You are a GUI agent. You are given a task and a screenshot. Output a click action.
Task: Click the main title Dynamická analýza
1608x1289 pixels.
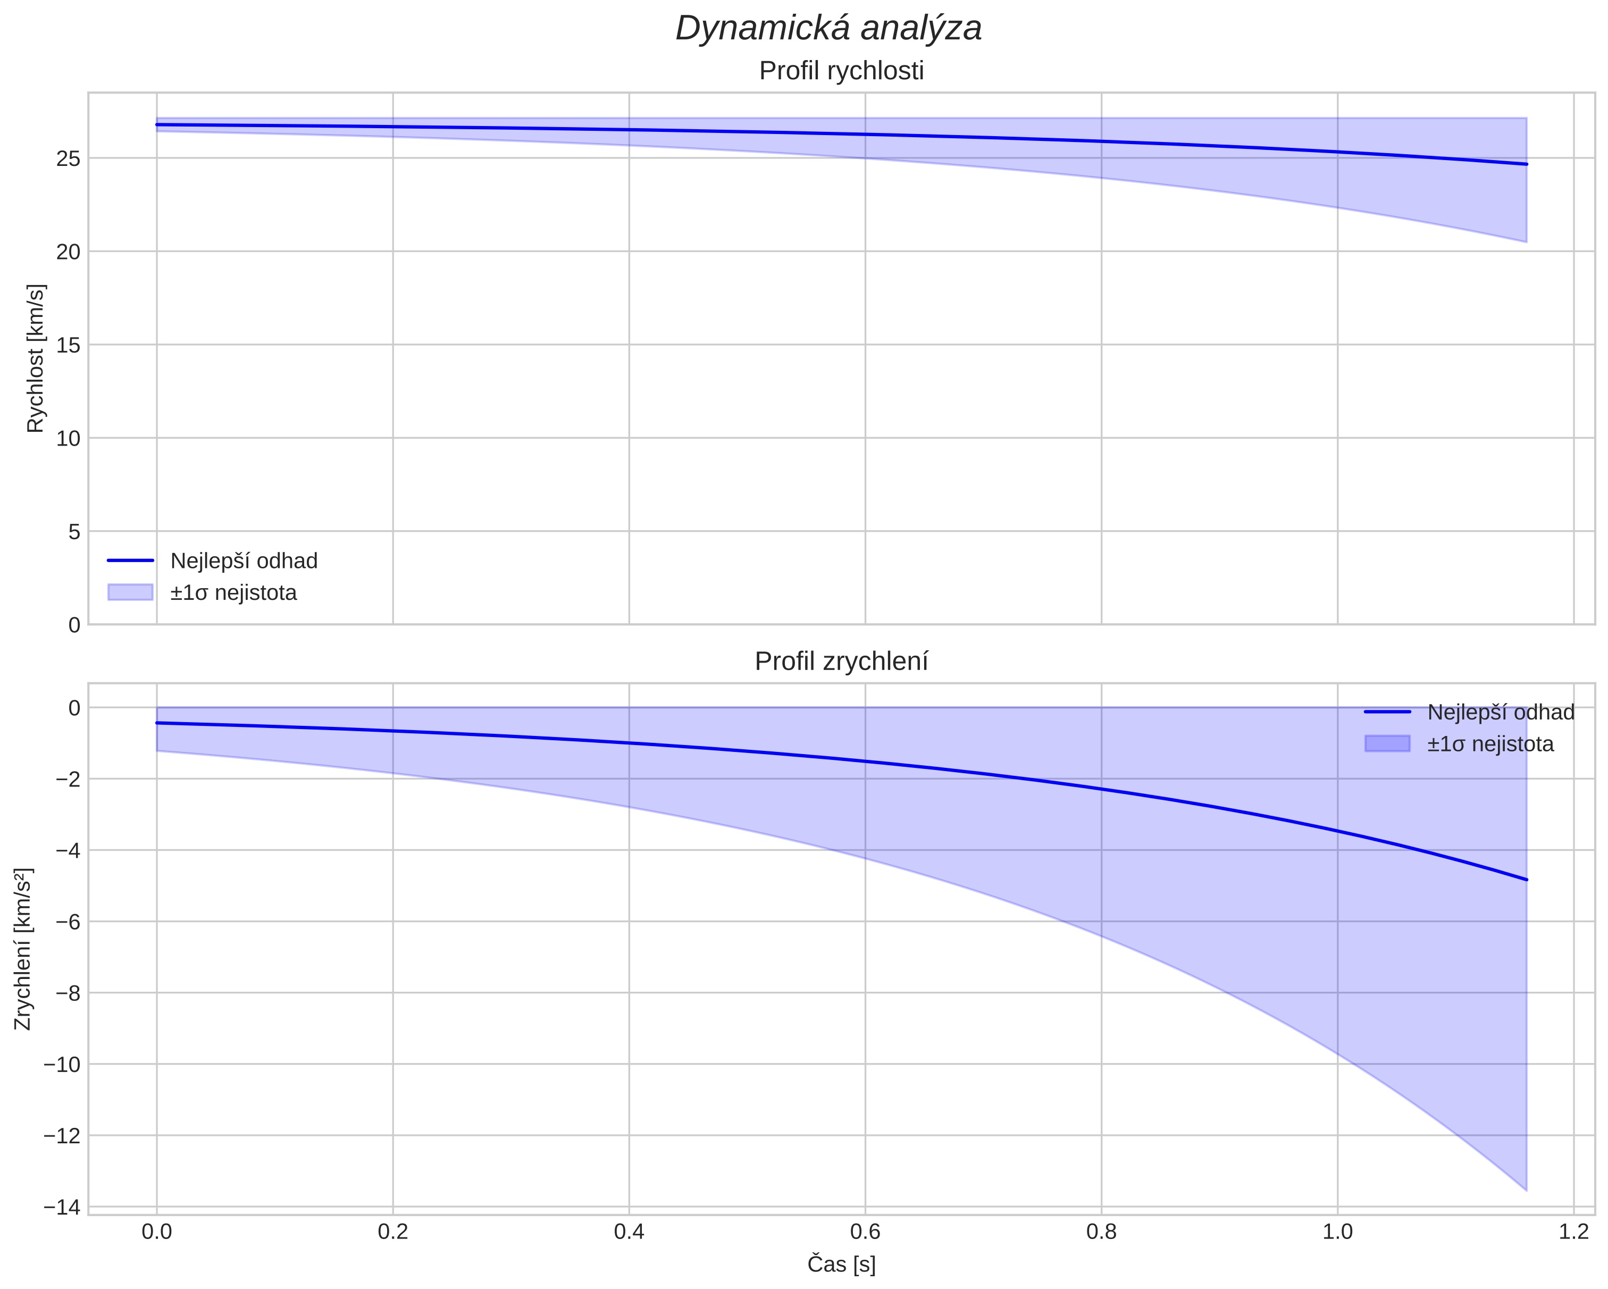(828, 28)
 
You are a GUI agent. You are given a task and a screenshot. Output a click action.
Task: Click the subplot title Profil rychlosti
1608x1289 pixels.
(841, 71)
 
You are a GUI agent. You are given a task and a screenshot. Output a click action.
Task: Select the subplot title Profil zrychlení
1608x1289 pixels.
(841, 662)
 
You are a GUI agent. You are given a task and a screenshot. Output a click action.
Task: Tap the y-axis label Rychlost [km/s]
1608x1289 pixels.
(36, 358)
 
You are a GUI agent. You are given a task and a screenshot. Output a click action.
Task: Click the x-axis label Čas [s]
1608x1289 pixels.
(841, 1265)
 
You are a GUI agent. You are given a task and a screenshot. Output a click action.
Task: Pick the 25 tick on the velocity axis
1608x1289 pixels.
(68, 158)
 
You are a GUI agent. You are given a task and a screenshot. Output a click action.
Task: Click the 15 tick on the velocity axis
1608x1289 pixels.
(68, 345)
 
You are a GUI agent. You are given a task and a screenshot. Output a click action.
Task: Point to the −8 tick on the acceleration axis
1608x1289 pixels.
(66, 993)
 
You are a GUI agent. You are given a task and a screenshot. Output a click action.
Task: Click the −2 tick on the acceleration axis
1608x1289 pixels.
(66, 779)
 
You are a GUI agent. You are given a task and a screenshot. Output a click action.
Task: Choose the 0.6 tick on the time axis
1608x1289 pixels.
(865, 1232)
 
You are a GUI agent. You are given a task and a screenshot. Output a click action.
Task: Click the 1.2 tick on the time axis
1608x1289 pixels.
(1573, 1232)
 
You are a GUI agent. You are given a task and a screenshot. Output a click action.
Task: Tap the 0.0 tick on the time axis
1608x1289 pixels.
(157, 1232)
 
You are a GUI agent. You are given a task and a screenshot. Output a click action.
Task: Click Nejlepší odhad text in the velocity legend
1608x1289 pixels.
(244, 561)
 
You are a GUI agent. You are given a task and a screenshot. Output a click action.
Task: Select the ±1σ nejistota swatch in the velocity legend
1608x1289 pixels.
(130, 592)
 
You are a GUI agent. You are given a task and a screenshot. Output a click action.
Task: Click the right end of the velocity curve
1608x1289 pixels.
(1527, 164)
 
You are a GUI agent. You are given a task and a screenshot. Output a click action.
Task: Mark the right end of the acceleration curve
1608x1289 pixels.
(1527, 880)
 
